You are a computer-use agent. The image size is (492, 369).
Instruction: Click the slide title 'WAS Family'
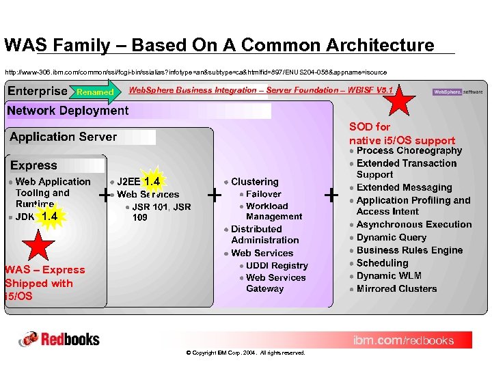click(x=219, y=45)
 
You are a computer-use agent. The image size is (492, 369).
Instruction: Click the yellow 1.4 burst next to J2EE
click(x=152, y=181)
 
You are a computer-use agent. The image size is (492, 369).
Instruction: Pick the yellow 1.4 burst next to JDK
click(x=49, y=217)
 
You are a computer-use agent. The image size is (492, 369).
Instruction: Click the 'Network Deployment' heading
click(x=68, y=111)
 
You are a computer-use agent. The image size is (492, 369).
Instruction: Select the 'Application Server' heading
click(x=63, y=137)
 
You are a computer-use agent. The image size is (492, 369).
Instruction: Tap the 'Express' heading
click(x=34, y=165)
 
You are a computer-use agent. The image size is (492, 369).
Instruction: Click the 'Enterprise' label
click(x=38, y=92)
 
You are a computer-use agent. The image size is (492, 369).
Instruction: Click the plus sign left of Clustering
click(x=214, y=195)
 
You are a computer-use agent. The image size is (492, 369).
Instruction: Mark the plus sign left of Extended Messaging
click(x=331, y=195)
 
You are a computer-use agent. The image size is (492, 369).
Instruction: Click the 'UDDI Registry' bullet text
click(x=277, y=265)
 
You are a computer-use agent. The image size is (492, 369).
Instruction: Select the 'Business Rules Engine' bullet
click(x=409, y=250)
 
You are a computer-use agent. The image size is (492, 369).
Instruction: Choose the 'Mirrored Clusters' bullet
click(x=396, y=288)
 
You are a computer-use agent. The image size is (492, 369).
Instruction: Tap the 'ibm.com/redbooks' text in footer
click(x=402, y=340)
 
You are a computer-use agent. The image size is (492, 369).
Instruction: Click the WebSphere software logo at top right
click(x=457, y=92)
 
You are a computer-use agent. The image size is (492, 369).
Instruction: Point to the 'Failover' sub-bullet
click(x=264, y=194)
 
